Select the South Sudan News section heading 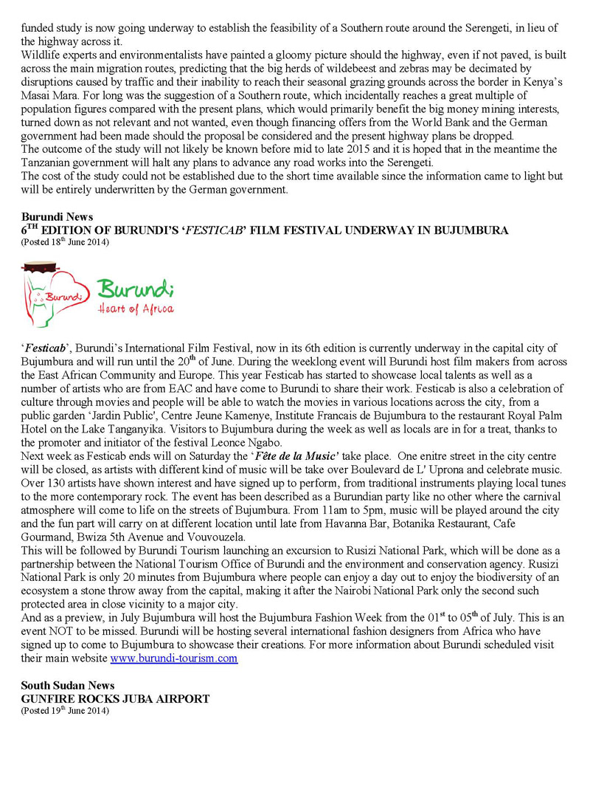click(x=67, y=686)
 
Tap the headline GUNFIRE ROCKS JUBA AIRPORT click(x=115, y=698)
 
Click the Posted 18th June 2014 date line click(x=65, y=242)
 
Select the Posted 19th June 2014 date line click(x=65, y=710)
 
